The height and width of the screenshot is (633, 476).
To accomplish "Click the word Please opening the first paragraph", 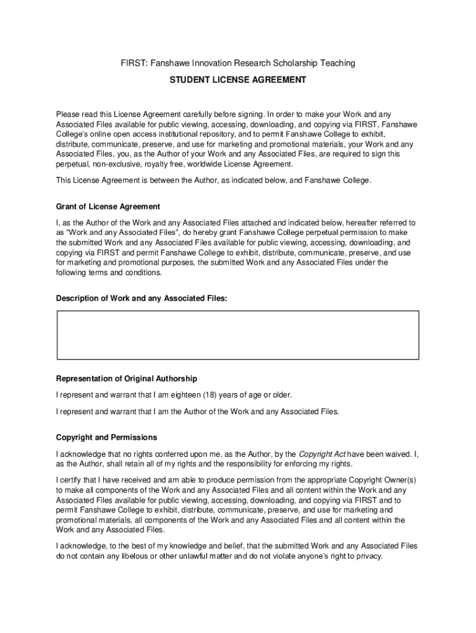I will [x=68, y=114].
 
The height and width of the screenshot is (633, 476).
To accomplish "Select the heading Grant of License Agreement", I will [x=108, y=206].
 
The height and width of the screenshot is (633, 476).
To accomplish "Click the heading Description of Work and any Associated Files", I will [x=142, y=299].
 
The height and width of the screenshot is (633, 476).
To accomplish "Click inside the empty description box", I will [x=238, y=334].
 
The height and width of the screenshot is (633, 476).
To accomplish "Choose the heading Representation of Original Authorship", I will [x=127, y=378].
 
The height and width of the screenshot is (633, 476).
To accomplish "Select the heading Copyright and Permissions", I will [x=106, y=438].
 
